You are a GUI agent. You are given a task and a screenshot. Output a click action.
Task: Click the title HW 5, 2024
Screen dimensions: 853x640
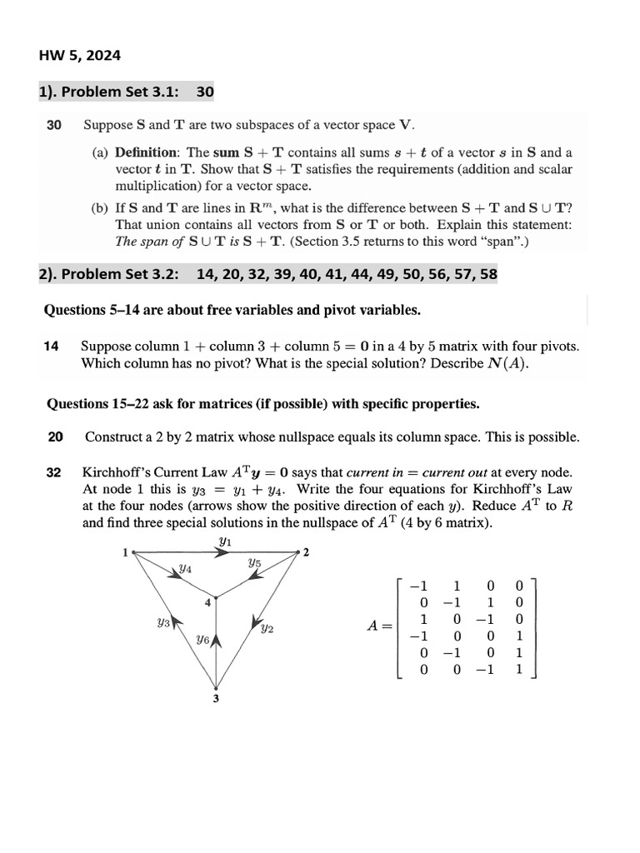[80, 56]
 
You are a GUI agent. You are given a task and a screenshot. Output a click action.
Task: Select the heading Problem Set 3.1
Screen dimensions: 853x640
[108, 92]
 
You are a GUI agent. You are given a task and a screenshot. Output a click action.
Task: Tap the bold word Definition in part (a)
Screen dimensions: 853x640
[147, 152]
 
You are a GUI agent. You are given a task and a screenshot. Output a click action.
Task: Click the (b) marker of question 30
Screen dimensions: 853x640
[100, 208]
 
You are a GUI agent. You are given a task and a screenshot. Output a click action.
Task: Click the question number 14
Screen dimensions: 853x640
[51, 346]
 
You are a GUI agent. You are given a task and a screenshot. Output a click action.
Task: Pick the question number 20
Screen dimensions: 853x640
[55, 436]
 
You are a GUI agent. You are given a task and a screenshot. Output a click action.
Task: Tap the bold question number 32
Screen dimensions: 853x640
[54, 472]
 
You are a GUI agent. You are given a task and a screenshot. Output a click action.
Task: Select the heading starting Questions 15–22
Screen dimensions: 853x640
[262, 404]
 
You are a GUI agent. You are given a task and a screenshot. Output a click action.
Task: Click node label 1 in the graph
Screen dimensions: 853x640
[125, 552]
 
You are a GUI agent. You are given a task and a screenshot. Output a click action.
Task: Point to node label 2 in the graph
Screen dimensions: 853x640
[306, 553]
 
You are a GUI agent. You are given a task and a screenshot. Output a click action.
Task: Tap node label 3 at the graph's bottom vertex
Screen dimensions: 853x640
[216, 698]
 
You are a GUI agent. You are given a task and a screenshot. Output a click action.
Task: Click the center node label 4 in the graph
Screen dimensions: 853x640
[207, 603]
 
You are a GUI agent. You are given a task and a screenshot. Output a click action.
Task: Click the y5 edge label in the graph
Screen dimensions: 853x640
[255, 564]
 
